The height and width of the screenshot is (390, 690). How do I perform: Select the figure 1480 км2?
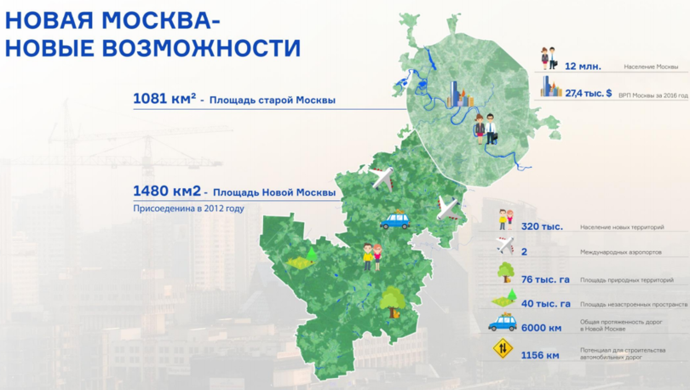[x=166, y=192]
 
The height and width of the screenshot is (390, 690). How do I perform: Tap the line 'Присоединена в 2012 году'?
[x=188, y=208]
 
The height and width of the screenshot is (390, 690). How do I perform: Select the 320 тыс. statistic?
[x=538, y=227]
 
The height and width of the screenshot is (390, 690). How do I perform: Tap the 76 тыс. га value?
[x=545, y=279]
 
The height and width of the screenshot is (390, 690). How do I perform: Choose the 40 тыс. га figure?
[x=545, y=303]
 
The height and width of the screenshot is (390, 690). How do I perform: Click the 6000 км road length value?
[x=542, y=327]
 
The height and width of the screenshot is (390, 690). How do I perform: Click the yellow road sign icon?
[x=503, y=349]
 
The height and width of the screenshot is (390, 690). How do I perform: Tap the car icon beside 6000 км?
[x=503, y=324]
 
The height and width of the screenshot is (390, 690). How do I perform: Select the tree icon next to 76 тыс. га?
[x=505, y=272]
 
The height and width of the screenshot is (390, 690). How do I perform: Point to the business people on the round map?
[x=485, y=129]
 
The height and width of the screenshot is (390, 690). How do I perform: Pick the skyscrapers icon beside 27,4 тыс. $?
[x=553, y=88]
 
